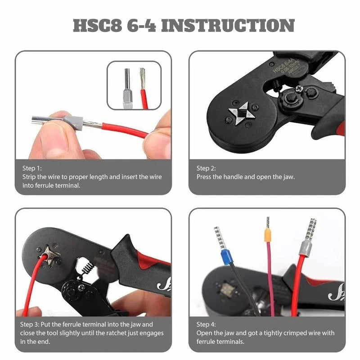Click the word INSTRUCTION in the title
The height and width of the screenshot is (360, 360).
coord(228,26)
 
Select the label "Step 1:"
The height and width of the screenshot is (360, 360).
coord(31,168)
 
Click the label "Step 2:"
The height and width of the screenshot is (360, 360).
coord(206,168)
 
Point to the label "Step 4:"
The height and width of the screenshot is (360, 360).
coord(206,324)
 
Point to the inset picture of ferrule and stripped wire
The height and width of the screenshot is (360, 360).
coord(134,85)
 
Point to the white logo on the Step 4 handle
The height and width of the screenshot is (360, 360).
coord(336,295)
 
